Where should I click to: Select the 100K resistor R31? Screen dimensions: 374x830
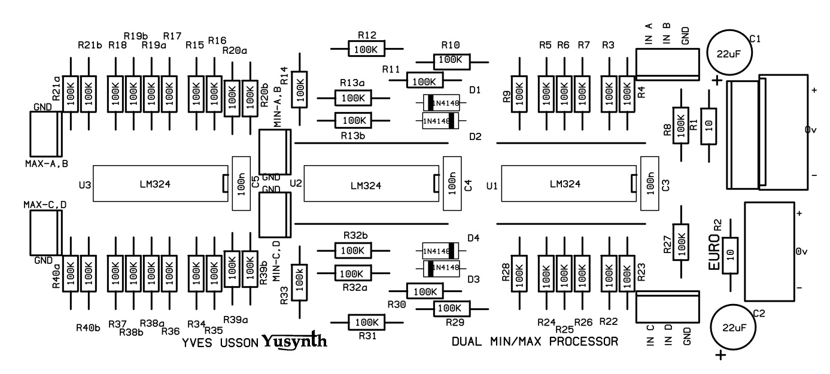point(366,323)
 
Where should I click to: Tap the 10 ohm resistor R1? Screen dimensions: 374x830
point(709,126)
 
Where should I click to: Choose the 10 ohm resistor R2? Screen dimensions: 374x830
point(730,255)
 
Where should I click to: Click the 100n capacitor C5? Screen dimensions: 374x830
point(241,184)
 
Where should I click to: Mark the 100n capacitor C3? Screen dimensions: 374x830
point(649,184)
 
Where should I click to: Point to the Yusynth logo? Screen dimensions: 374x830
point(294,342)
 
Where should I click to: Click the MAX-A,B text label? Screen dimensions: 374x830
point(46,163)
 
